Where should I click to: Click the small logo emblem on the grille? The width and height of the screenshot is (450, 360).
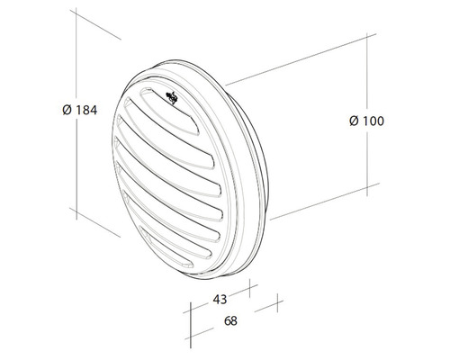[x=172, y=96]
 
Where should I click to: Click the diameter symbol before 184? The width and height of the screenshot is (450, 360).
[x=66, y=110]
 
